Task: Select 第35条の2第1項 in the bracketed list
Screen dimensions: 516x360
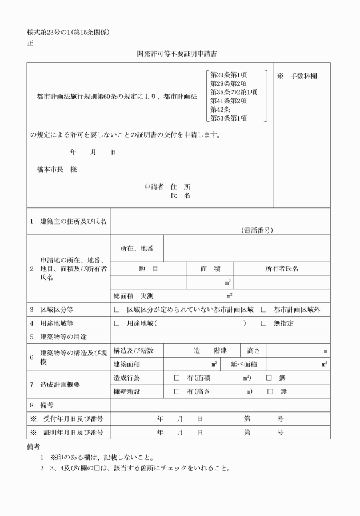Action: pyautogui.click(x=234, y=91)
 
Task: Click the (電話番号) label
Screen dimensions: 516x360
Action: pyautogui.click(x=257, y=230)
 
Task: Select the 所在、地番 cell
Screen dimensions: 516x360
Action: pyautogui.click(x=137, y=248)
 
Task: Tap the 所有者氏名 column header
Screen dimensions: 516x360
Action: pyautogui.click(x=282, y=268)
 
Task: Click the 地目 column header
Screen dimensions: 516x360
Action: pyautogui.click(x=148, y=268)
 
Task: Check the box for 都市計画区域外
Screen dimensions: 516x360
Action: pyautogui.click(x=263, y=309)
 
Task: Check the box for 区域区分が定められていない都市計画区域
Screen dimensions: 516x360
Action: pyautogui.click(x=117, y=309)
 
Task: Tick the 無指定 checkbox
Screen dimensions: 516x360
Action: pyautogui.click(x=263, y=323)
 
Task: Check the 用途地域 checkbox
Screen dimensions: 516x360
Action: pyautogui.click(x=117, y=323)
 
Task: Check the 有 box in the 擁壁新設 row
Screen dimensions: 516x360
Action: pyautogui.click(x=177, y=391)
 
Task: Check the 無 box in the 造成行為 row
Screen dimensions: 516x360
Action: pyautogui.click(x=269, y=378)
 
